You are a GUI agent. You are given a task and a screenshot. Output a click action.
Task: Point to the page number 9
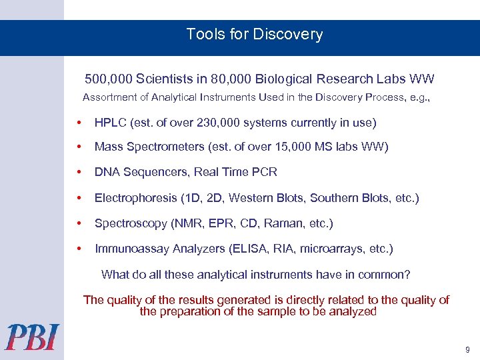pyautogui.click(x=467, y=349)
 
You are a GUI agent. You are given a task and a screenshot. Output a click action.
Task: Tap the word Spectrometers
pyautogui.click(x=156, y=147)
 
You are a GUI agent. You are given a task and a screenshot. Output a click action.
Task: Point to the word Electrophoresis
pyautogui.click(x=135, y=198)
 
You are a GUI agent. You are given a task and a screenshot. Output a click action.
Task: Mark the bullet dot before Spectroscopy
pyautogui.click(x=79, y=223)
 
